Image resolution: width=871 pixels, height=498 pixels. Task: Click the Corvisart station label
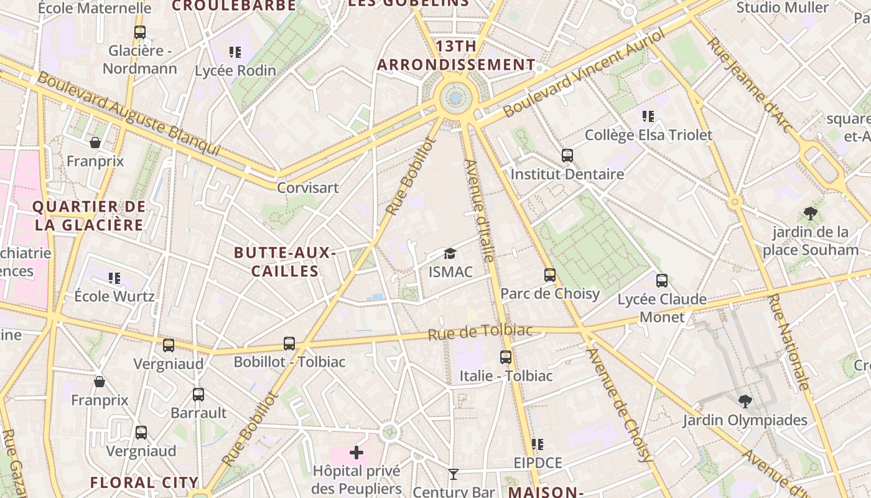pos(307,187)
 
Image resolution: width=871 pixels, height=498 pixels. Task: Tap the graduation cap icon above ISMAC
pos(450,253)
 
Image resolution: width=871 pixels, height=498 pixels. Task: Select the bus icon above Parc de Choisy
pos(549,275)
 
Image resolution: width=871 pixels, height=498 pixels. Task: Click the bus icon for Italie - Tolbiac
pos(506,357)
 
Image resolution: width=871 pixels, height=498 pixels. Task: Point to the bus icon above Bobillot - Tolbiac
pos(289,343)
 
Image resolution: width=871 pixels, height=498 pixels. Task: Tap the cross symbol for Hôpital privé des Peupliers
pos(356,452)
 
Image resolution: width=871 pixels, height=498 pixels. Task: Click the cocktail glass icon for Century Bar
pos(454,474)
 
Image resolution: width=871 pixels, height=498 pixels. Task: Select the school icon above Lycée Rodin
pos(235,52)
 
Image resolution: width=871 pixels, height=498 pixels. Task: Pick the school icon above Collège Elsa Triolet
pos(648,116)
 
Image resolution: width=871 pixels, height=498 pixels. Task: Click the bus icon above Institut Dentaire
pos(567,156)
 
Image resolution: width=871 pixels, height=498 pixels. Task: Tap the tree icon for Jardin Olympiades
pos(745,401)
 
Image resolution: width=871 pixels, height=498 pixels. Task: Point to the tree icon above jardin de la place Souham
pos(810,214)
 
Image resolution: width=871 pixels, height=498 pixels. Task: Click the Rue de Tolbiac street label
pos(480,332)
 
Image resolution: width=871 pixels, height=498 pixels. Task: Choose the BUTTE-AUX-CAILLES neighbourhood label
pos(285,262)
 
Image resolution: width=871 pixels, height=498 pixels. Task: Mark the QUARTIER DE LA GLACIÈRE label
pos(89,215)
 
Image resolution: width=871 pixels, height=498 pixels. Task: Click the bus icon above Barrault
pos(198,394)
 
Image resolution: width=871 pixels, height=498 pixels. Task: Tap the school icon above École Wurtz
pos(114,278)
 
